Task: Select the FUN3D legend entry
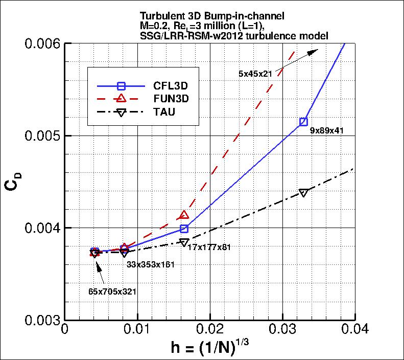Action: coord(151,99)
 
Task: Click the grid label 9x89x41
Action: coord(326,130)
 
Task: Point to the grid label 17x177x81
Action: coord(210,247)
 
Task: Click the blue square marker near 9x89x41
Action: coord(304,122)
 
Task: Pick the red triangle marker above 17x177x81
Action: coord(184,215)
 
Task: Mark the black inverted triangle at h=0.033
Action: coord(304,193)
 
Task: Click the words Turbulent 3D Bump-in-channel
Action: coord(196,15)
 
